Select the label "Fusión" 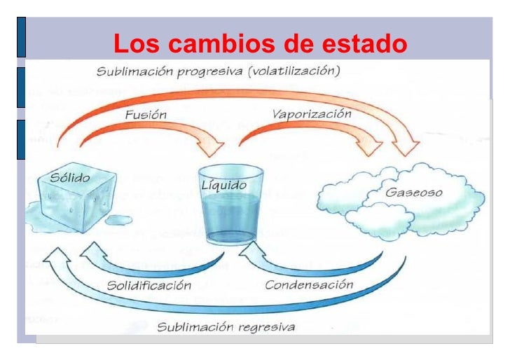[146, 115]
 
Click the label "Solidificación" [149, 285]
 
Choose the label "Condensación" [309, 285]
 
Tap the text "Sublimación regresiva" [226, 327]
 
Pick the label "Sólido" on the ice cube [70, 178]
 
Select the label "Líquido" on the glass [223, 186]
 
